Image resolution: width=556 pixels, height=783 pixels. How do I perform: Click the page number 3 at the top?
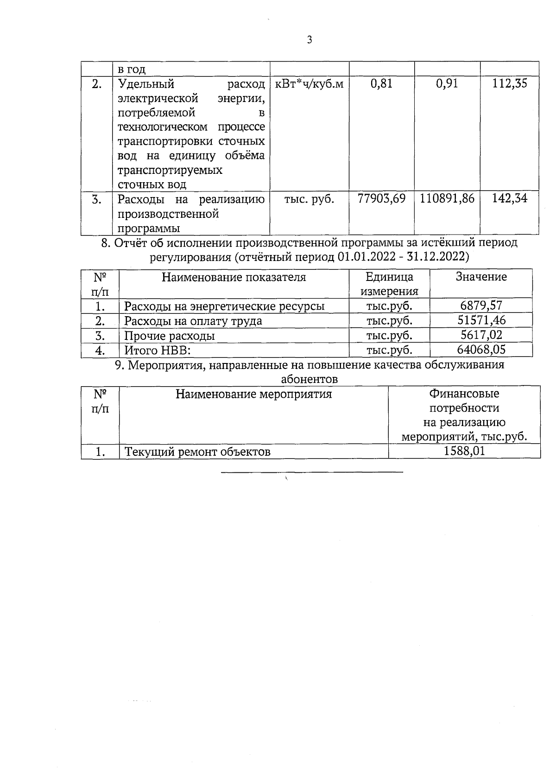310,40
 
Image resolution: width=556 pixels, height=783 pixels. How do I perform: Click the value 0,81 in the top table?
381,84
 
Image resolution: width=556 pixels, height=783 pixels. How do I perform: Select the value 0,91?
447,84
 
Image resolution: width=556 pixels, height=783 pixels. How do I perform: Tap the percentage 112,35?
510,84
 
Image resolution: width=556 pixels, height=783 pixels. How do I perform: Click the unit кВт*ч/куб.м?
310,84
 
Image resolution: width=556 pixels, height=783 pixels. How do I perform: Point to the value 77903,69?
381,199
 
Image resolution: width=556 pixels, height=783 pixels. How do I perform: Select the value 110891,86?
447,199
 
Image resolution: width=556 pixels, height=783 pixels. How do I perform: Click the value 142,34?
510,199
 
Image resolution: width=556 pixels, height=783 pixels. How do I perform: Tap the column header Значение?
481,277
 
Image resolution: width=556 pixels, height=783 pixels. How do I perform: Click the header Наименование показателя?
234,277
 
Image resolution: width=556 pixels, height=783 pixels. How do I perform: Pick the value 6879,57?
481,306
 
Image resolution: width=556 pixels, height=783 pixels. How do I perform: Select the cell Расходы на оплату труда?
193,321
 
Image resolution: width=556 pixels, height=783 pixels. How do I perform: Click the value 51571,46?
481,320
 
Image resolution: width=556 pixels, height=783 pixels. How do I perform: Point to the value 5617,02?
481,335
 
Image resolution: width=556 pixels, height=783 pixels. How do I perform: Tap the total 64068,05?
481,349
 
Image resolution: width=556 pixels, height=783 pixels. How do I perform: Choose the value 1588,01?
464,451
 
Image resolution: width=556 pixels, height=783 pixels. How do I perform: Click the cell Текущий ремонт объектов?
197,452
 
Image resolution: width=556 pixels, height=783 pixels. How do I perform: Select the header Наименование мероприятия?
253,395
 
